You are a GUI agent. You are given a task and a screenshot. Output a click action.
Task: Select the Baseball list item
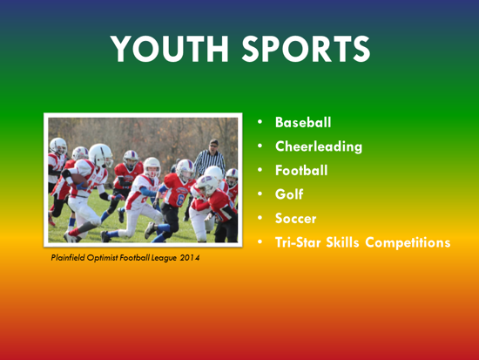[303, 123]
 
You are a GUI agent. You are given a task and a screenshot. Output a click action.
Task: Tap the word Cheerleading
[319, 146]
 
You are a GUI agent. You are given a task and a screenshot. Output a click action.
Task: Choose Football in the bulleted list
[301, 171]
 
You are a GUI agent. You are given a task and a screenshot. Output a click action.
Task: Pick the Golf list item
[289, 194]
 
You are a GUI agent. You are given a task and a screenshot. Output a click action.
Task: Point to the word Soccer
[296, 218]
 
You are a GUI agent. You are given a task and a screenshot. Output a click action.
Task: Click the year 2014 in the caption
[190, 258]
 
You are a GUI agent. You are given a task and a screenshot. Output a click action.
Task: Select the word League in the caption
[162, 258]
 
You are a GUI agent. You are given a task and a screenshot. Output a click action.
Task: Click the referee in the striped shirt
[210, 161]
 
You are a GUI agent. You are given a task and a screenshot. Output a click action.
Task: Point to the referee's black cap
[212, 142]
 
